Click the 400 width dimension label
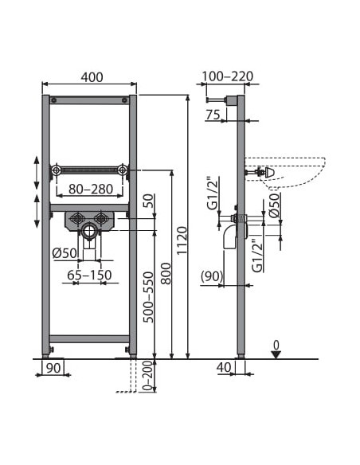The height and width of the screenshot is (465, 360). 92,77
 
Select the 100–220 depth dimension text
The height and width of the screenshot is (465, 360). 228,76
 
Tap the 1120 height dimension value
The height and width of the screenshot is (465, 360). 182,240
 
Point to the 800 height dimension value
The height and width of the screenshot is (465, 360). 166,273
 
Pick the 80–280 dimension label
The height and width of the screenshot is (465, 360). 91,189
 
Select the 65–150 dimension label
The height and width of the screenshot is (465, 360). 89,275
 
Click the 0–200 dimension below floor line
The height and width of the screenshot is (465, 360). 149,376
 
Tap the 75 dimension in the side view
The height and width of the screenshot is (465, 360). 213,115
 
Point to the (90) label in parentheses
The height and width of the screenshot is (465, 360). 212,276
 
